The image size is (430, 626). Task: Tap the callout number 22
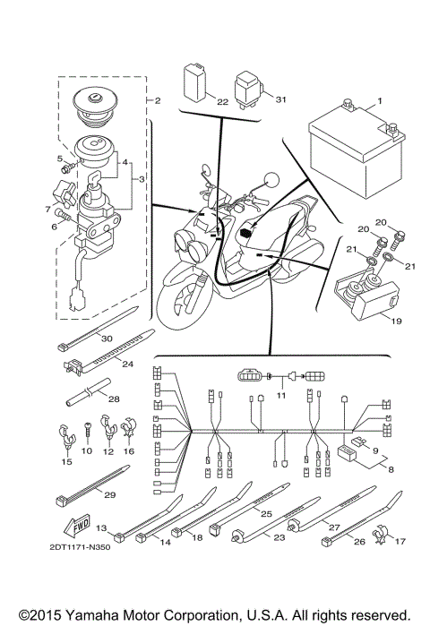(222, 100)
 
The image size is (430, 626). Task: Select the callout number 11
(281, 394)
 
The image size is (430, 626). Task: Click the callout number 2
(157, 100)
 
